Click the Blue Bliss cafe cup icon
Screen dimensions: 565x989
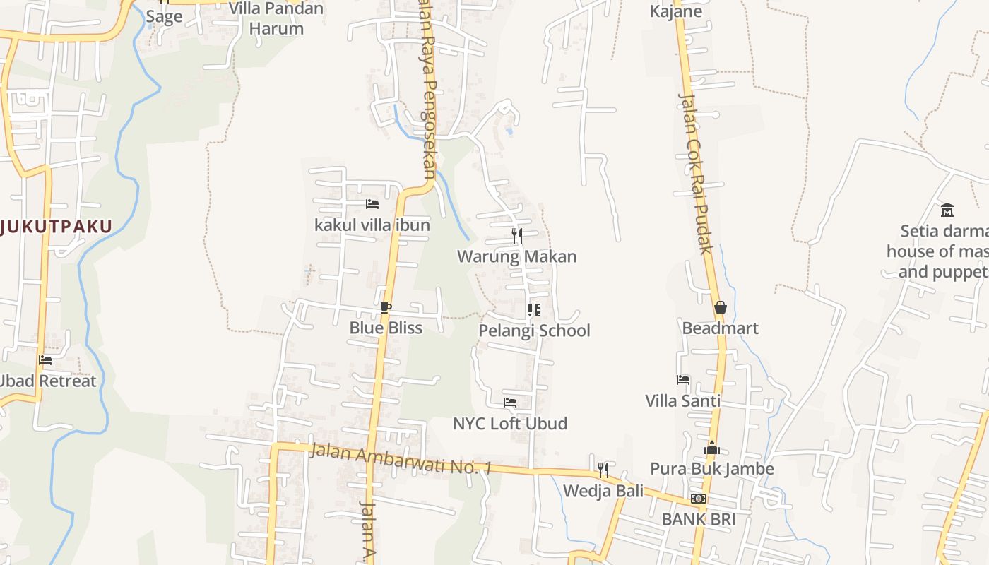pos(385,307)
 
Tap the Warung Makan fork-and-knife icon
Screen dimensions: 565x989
pos(517,236)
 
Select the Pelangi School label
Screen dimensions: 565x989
pos(534,331)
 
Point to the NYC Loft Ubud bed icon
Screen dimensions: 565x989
pos(510,403)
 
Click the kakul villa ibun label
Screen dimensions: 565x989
pos(372,225)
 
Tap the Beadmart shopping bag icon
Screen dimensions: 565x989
pos(721,307)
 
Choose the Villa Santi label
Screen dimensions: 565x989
pos(682,400)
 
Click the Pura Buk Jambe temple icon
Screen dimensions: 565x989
pos(712,448)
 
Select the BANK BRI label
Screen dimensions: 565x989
pos(698,519)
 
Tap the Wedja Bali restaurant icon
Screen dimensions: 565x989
pos(603,470)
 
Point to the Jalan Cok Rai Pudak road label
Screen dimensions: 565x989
pos(695,173)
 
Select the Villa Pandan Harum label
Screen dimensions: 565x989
pos(276,18)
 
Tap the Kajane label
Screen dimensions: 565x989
pos(675,11)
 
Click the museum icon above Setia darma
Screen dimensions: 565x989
pos(947,210)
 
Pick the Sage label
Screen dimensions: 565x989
pos(164,17)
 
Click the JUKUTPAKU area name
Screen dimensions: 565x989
pos(57,227)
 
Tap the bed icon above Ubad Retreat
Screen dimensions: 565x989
pos(46,360)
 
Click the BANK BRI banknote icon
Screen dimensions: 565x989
pos(699,499)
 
